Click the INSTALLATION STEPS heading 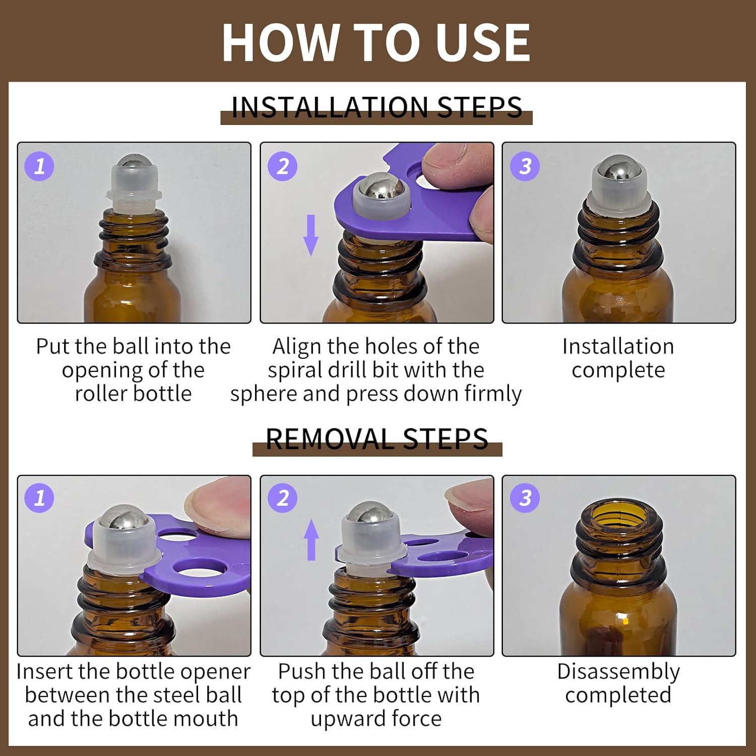pos(376,107)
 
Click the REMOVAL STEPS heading pos(377,439)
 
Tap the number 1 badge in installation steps pos(39,166)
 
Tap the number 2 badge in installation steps pos(282,166)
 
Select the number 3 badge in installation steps pos(525,166)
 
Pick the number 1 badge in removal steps pos(39,498)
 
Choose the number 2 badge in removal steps pos(282,498)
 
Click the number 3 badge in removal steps pos(525,498)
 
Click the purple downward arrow pos(311,235)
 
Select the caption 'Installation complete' pos(618,358)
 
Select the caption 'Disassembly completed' pos(618,683)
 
